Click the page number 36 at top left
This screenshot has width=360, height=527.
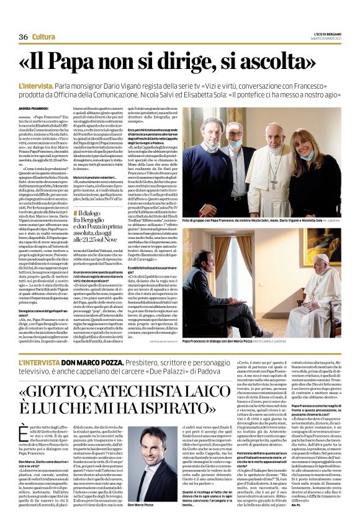click(23, 37)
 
